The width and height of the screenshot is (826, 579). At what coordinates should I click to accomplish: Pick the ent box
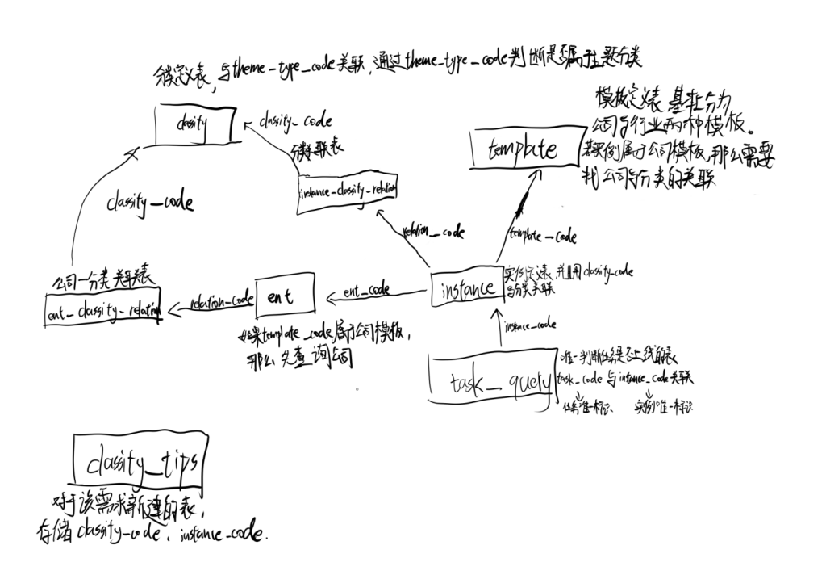285,296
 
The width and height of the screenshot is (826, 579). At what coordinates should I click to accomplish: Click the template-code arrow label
542,237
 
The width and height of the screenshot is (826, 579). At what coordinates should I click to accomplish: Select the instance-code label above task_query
530,326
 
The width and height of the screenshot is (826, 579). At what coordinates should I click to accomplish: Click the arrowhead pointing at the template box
532,178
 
